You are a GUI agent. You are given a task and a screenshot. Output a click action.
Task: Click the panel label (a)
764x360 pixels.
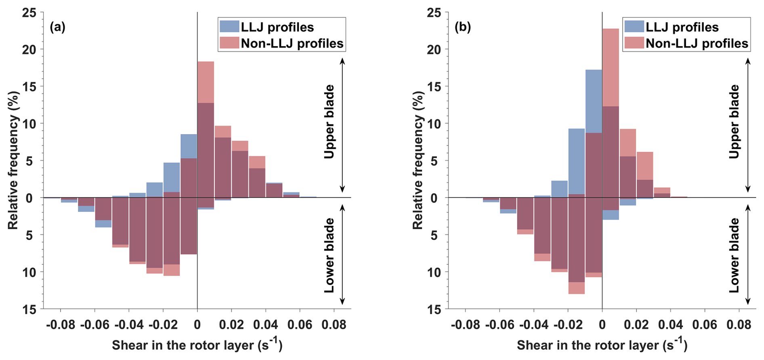click(x=57, y=27)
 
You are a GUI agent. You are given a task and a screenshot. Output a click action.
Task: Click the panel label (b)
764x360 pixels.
click(x=462, y=27)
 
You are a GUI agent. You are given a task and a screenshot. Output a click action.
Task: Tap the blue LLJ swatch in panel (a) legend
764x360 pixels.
click(x=229, y=27)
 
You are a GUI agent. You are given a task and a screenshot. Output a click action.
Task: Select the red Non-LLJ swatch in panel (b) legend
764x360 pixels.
click(x=634, y=43)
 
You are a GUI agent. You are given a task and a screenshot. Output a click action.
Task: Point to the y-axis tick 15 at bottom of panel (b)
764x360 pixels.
click(x=434, y=309)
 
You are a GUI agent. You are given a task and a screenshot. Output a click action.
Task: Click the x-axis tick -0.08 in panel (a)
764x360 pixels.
click(x=61, y=324)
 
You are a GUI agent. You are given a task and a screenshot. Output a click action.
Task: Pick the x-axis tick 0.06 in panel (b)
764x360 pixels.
click(x=705, y=324)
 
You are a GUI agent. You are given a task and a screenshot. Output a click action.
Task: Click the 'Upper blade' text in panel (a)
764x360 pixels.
click(x=330, y=122)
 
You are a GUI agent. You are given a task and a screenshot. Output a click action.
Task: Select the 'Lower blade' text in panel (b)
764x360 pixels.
click(x=734, y=255)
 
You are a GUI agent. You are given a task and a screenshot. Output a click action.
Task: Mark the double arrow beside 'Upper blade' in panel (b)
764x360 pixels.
click(x=747, y=125)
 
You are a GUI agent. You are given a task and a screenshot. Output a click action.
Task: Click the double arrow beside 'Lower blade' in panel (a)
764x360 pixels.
click(x=342, y=255)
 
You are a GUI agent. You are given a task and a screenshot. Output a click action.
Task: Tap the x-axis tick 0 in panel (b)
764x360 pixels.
click(x=602, y=324)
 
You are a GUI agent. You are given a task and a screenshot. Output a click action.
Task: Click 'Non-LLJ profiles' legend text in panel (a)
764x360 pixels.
click(x=292, y=43)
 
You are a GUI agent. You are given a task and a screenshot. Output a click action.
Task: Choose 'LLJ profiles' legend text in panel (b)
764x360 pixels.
click(x=682, y=27)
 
